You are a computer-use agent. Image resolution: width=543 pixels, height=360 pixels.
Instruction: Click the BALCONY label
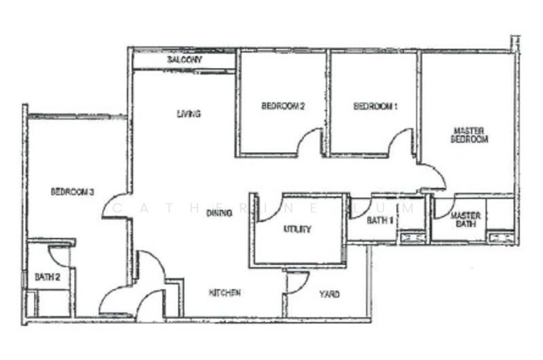[x=185, y=60]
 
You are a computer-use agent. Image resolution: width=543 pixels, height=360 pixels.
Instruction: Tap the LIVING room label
[x=189, y=113]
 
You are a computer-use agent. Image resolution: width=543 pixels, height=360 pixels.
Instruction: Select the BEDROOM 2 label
[x=283, y=106]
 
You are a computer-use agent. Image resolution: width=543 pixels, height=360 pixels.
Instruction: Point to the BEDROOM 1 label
[x=375, y=106]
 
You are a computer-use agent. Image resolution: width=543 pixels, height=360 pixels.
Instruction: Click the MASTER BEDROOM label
[x=469, y=135]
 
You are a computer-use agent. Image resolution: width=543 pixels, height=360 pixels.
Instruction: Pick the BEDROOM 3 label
[x=73, y=192]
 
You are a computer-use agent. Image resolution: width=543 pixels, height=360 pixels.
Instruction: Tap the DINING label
[x=219, y=213]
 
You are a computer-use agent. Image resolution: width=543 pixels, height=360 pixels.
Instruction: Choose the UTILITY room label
[x=297, y=229]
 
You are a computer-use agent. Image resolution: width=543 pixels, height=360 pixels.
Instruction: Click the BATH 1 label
[x=380, y=220]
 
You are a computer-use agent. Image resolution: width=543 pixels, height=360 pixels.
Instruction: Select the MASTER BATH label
[x=466, y=219]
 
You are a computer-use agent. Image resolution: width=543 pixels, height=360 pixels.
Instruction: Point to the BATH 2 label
[x=48, y=277]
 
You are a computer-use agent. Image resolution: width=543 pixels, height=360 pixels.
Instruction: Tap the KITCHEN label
[x=225, y=293]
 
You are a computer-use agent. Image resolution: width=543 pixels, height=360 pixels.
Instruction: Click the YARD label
[x=329, y=294]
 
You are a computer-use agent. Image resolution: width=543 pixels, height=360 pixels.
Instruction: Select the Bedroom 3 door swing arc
[x=109, y=200]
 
